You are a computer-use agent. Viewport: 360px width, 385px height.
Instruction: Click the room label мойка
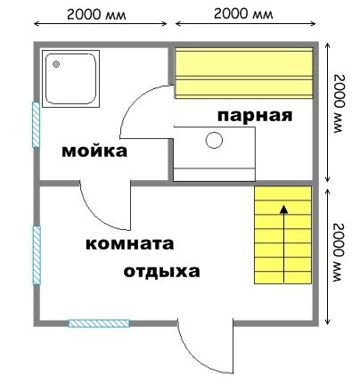(94, 151)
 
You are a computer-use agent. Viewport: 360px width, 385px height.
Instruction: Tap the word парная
(255, 115)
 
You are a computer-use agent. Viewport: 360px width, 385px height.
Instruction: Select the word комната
(129, 244)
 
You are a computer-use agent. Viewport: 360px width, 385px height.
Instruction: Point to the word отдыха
(161, 272)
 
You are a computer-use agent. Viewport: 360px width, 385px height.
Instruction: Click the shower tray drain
(56, 64)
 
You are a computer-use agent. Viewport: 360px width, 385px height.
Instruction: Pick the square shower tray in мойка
(70, 78)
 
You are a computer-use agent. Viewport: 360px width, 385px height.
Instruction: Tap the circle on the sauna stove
(214, 140)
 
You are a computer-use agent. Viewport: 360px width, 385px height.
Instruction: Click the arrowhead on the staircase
(284, 209)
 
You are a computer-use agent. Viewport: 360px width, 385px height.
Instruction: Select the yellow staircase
(282, 234)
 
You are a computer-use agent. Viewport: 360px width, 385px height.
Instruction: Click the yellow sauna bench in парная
(244, 73)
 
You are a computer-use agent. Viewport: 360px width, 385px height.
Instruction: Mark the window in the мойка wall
(36, 125)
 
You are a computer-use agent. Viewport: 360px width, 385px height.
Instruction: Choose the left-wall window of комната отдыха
(37, 255)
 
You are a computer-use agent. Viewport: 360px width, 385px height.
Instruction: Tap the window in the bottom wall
(99, 324)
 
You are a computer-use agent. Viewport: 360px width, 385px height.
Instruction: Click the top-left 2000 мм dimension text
(96, 14)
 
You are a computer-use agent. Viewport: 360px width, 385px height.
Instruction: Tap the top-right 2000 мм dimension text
(243, 13)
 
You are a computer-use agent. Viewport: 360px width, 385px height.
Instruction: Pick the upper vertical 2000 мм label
(340, 103)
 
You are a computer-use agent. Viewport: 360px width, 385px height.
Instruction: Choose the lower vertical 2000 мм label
(340, 252)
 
